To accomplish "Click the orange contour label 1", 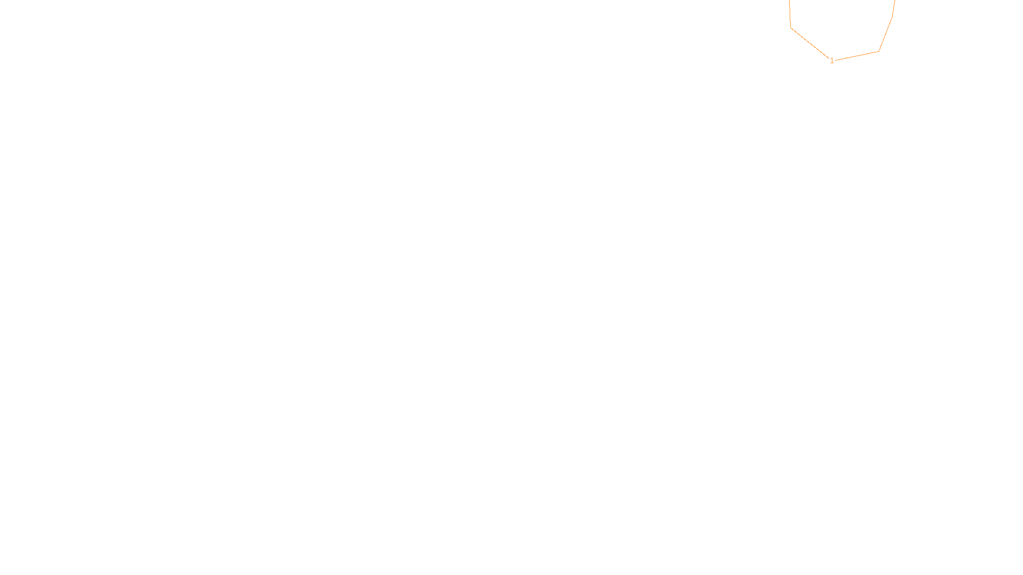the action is (832, 61).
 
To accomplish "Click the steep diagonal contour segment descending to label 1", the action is (809, 42).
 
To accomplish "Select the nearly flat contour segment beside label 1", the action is (857, 56).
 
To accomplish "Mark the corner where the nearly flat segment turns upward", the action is (879, 51).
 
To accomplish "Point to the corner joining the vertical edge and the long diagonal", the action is (791, 27).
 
